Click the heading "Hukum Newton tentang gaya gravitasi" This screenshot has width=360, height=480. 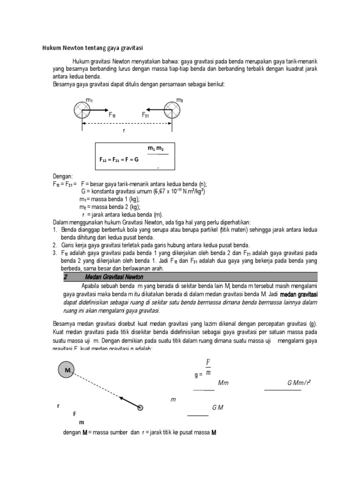[92, 48]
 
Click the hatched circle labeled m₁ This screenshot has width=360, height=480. [82, 111]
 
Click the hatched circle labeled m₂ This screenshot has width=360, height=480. [172, 111]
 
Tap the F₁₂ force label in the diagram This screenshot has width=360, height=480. [112, 115]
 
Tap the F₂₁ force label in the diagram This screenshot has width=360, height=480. [146, 115]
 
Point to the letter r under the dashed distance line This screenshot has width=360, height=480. [124, 130]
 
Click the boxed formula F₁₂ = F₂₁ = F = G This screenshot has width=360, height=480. [120, 159]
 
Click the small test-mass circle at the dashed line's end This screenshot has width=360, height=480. [140, 408]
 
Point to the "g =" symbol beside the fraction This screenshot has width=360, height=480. [198, 375]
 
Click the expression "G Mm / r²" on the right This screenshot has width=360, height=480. [299, 383]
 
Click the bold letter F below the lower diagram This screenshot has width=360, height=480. [74, 414]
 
